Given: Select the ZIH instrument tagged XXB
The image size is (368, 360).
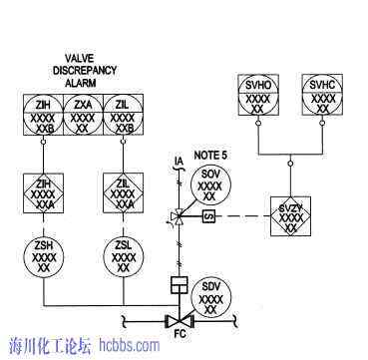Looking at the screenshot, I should (42, 114).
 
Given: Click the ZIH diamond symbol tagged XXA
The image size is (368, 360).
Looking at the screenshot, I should (42, 192).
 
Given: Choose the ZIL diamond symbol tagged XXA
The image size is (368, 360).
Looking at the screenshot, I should (125, 192).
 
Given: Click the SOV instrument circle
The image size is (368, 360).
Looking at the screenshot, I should (209, 185).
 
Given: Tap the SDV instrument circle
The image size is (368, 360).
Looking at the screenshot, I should (209, 296).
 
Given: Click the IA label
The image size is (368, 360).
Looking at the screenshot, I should (179, 162).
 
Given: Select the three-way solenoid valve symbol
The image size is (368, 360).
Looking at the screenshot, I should (179, 216).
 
